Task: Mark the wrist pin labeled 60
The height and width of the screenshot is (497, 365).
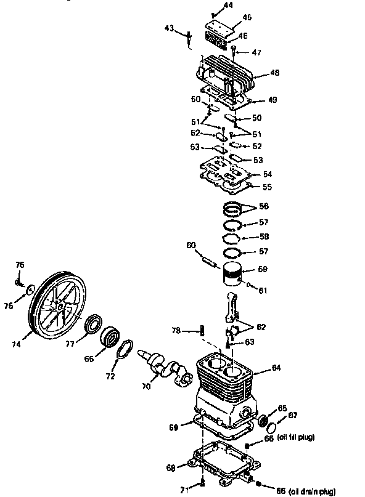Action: [207, 259]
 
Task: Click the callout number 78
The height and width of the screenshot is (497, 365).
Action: [176, 331]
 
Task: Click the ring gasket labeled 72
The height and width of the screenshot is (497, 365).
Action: [123, 349]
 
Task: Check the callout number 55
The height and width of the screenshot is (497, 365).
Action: [268, 186]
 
